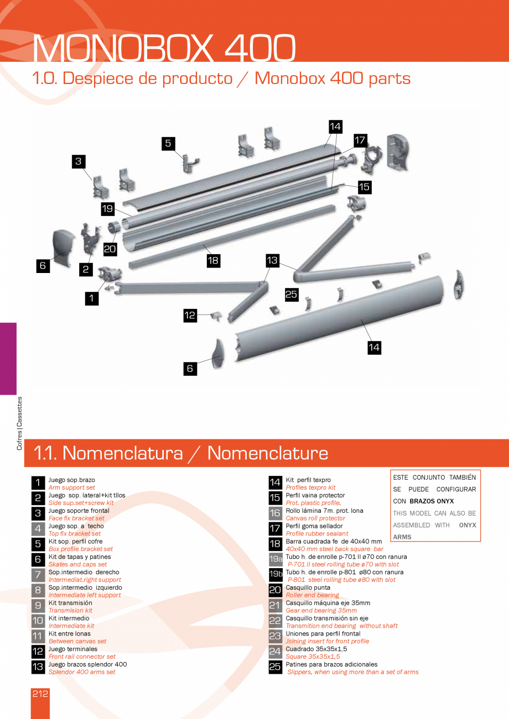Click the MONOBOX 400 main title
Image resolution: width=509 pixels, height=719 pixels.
pyautogui.click(x=164, y=49)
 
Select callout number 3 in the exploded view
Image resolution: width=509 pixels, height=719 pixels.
pyautogui.click(x=79, y=161)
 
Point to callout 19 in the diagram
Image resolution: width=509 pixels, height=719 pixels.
pyautogui.click(x=108, y=209)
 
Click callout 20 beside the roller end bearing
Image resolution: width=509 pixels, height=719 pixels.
pyautogui.click(x=110, y=249)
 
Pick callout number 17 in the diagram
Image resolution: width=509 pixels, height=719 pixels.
pyautogui.click(x=360, y=140)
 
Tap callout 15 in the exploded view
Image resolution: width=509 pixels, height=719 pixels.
pyautogui.click(x=364, y=187)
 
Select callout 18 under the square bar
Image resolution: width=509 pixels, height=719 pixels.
pyautogui.click(x=214, y=260)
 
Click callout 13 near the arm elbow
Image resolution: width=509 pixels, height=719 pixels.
pyautogui.click(x=272, y=260)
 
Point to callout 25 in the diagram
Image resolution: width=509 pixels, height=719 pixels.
pyautogui.click(x=292, y=295)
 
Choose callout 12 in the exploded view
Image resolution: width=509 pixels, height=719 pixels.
pyautogui.click(x=190, y=316)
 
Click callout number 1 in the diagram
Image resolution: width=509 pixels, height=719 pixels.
pyautogui.click(x=92, y=298)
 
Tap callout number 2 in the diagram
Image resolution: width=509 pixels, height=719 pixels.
pyautogui.click(x=86, y=270)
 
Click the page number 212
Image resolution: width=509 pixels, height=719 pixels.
pyautogui.click(x=40, y=694)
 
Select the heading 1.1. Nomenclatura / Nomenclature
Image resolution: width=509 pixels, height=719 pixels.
pyautogui.click(x=181, y=453)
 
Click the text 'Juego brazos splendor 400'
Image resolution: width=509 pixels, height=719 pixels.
pyautogui.click(x=87, y=664)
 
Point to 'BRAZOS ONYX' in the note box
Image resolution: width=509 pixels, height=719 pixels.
pyautogui.click(x=432, y=501)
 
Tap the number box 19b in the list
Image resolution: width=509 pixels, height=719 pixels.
pyautogui.click(x=276, y=575)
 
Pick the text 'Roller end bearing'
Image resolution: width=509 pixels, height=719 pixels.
pyautogui.click(x=313, y=595)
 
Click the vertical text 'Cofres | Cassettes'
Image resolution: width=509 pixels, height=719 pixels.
pyautogui.click(x=20, y=423)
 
